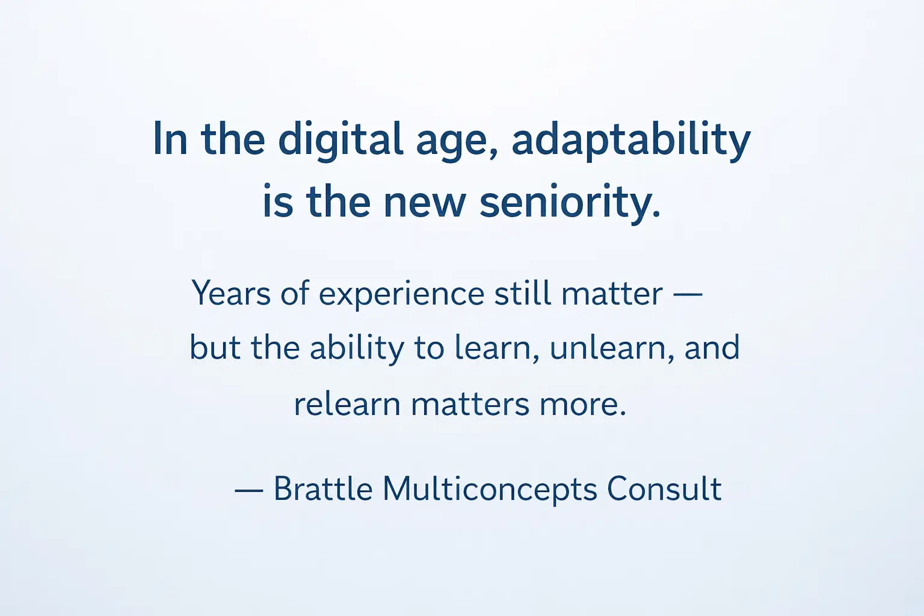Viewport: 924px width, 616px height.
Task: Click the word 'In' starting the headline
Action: pos(170,139)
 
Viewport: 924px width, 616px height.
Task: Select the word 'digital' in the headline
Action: pos(340,140)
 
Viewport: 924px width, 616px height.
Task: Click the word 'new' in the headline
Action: pos(425,203)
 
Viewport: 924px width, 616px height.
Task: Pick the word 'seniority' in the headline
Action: pos(570,203)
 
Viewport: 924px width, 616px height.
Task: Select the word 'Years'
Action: pos(231,294)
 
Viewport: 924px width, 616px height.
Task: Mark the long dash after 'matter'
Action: pos(688,295)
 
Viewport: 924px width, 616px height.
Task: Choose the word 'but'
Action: pos(215,348)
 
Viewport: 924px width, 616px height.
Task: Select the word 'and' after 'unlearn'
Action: pos(712,348)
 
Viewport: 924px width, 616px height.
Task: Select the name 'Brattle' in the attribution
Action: pos(323,488)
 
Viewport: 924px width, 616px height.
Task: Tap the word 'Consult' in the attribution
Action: pos(664,488)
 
